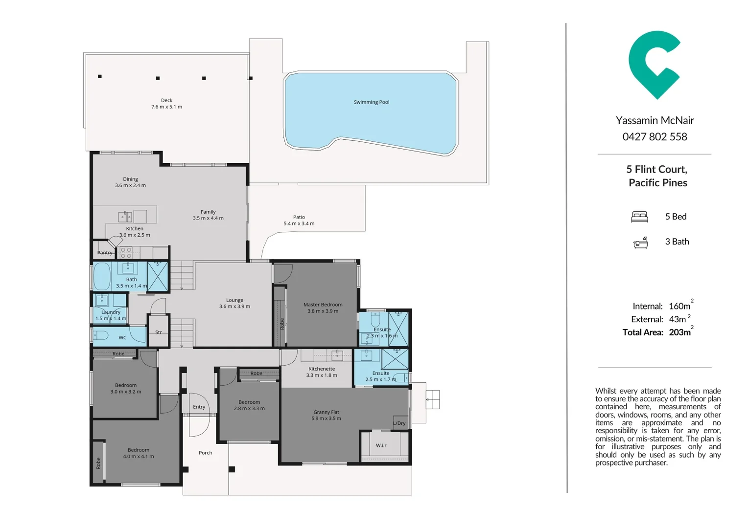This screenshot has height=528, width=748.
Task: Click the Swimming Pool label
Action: [x=372, y=102]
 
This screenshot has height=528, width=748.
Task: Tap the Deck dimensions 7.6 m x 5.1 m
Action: [x=166, y=107]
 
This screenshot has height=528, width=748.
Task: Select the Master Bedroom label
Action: [x=323, y=305]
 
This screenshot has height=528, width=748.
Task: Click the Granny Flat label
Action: [x=326, y=412]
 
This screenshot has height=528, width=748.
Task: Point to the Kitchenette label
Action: [x=322, y=369]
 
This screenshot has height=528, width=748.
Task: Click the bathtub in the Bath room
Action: [x=102, y=277]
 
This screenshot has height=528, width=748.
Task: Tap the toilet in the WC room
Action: [x=100, y=335]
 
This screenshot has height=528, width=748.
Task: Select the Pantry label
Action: [x=105, y=253]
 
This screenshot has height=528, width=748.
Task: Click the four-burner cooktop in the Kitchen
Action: [x=126, y=252]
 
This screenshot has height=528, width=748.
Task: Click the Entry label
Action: [x=199, y=407]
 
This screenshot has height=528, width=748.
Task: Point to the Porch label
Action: [x=205, y=453]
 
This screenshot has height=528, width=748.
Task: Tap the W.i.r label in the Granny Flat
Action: [x=381, y=445]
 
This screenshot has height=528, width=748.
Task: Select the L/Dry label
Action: [x=399, y=423]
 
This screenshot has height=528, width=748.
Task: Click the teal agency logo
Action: [x=654, y=64]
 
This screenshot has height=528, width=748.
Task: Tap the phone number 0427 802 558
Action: [x=654, y=137]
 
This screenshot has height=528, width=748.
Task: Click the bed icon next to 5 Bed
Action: [x=639, y=217]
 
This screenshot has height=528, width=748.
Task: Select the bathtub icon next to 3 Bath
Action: [x=640, y=242]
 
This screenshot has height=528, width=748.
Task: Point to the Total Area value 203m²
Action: [x=680, y=332]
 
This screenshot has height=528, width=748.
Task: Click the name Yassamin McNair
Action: [x=654, y=120]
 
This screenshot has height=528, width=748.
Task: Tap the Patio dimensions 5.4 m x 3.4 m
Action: [x=299, y=224]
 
